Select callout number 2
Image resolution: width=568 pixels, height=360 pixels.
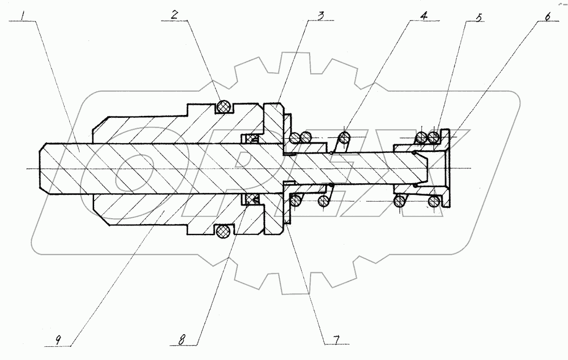[174, 15]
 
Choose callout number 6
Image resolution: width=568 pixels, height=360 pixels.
[547, 16]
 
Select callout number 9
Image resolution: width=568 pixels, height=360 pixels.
[58, 340]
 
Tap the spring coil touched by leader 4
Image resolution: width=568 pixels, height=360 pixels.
[344, 139]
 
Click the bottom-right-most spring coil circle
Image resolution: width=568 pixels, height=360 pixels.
[433, 201]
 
